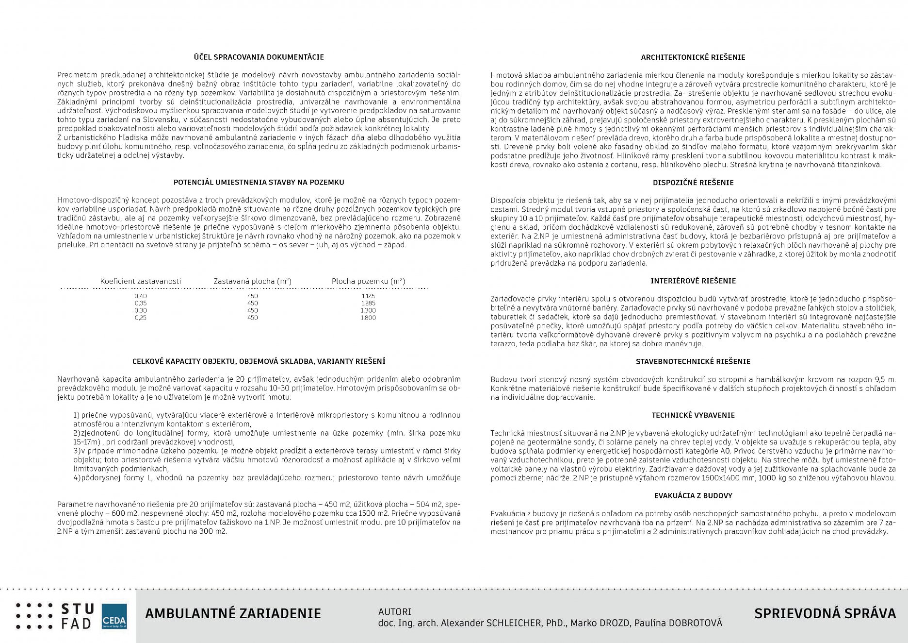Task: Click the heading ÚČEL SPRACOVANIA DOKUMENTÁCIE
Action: pyautogui.click(x=259, y=57)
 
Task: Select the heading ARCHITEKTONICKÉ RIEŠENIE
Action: pyautogui.click(x=693, y=57)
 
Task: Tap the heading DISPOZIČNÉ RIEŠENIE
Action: pyautogui.click(x=693, y=183)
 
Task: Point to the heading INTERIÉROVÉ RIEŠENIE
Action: pyautogui.click(x=693, y=281)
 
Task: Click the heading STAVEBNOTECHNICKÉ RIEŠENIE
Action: pyautogui.click(x=693, y=361)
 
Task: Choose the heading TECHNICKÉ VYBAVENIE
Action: pyautogui.click(x=693, y=415)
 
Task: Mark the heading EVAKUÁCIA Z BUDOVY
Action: pyautogui.click(x=693, y=496)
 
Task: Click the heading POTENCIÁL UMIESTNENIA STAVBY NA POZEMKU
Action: pyautogui.click(x=259, y=182)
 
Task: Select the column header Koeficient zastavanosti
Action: pyautogui.click(x=141, y=281)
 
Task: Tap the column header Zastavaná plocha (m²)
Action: pyautogui.click(x=252, y=281)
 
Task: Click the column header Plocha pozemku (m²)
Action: pyautogui.click(x=368, y=281)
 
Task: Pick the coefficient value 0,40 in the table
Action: pyautogui.click(x=141, y=296)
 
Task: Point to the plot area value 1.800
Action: pyautogui.click(x=368, y=318)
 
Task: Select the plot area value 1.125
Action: pyautogui.click(x=368, y=296)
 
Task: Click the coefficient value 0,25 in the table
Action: pyautogui.click(x=141, y=318)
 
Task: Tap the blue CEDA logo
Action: pyautogui.click(x=114, y=617)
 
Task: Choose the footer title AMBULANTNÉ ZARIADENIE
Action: pyautogui.click(x=233, y=613)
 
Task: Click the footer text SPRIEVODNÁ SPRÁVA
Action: pyautogui.click(x=825, y=613)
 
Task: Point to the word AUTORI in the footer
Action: pyautogui.click(x=394, y=611)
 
